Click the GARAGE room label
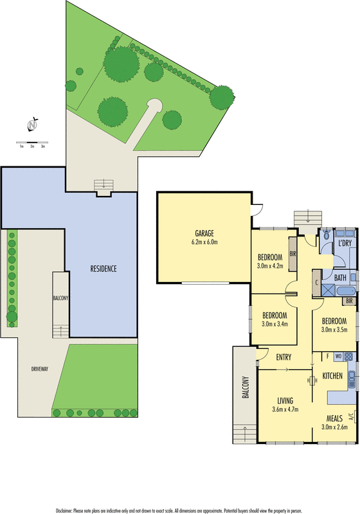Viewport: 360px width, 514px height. [204, 233]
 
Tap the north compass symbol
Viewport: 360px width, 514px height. [32, 125]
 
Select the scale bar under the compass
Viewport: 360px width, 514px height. [32, 143]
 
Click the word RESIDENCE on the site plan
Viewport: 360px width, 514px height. [104, 269]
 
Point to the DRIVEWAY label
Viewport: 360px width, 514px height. [40, 369]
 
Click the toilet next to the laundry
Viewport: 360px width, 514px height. [326, 235]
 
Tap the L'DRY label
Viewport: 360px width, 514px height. [345, 243]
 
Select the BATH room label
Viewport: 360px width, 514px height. [340, 278]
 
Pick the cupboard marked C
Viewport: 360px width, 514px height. [317, 283]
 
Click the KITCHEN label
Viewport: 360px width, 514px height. [332, 376]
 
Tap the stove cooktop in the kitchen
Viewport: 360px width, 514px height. [348, 357]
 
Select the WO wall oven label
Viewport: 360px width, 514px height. [338, 356]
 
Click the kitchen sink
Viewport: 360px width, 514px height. [352, 380]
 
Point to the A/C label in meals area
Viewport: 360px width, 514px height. [351, 416]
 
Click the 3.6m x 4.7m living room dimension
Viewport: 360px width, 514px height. [285, 409]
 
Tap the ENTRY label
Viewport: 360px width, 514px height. [283, 357]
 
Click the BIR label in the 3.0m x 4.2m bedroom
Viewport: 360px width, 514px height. [292, 254]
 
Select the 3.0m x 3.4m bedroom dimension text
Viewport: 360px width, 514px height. [274, 324]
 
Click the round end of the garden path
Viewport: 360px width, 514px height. [154, 105]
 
